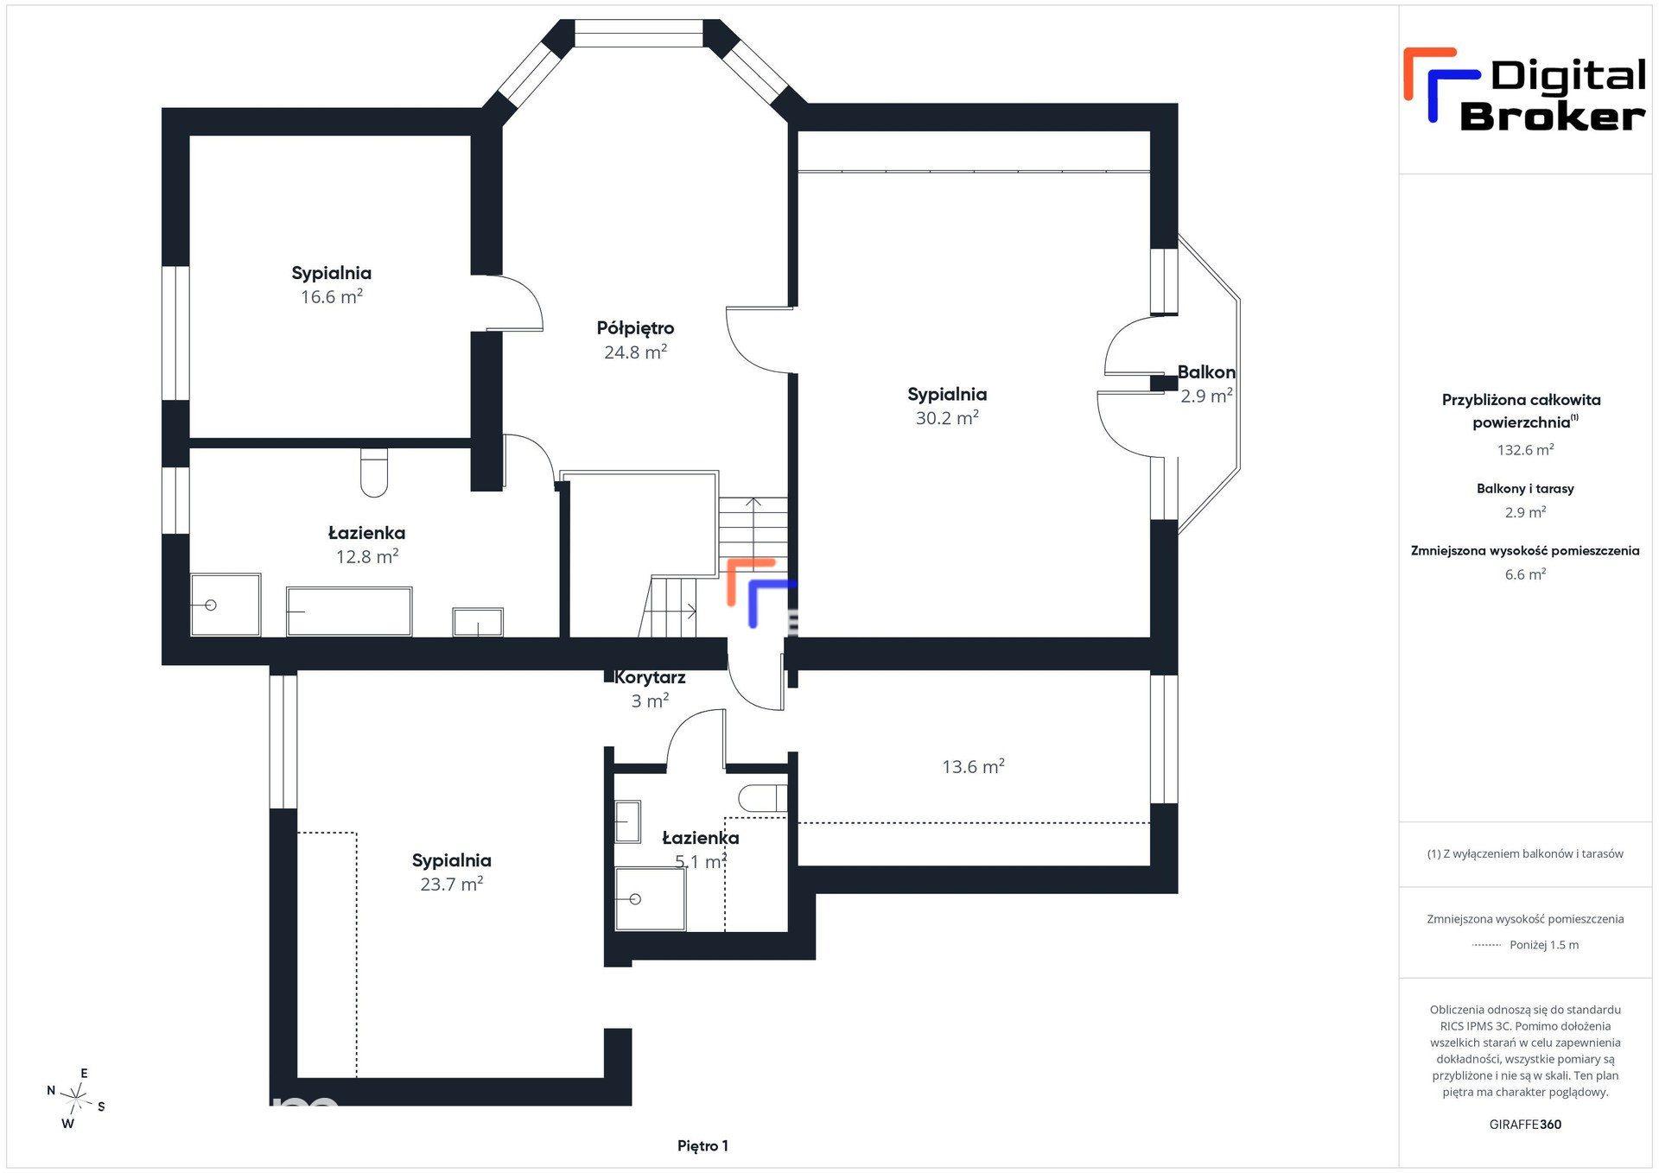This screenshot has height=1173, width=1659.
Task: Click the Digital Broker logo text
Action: (1553, 95)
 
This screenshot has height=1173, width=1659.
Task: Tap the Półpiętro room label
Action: (635, 328)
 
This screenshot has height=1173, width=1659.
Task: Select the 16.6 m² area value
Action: (331, 296)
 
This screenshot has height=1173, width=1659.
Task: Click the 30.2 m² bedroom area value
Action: (947, 417)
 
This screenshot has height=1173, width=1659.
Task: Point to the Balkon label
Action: (1206, 372)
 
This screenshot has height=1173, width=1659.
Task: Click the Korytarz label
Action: (650, 677)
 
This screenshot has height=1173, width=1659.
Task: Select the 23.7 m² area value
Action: (451, 884)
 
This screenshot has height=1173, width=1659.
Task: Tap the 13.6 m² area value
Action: (973, 766)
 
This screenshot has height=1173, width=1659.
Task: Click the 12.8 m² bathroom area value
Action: (366, 556)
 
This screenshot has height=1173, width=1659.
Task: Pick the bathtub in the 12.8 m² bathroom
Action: (349, 611)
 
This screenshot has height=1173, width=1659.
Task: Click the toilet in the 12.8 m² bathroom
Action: (374, 472)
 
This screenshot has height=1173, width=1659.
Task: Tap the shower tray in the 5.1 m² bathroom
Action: (650, 899)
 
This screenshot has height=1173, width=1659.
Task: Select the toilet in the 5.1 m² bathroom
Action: (763, 798)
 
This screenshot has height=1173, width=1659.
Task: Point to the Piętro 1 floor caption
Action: (702, 1146)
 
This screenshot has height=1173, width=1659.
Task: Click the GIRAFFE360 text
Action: (1525, 1125)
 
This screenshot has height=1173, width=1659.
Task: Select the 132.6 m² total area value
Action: (1525, 449)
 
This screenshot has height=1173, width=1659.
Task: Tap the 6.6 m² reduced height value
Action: (1525, 574)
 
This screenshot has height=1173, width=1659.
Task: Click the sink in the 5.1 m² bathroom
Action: (627, 821)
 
